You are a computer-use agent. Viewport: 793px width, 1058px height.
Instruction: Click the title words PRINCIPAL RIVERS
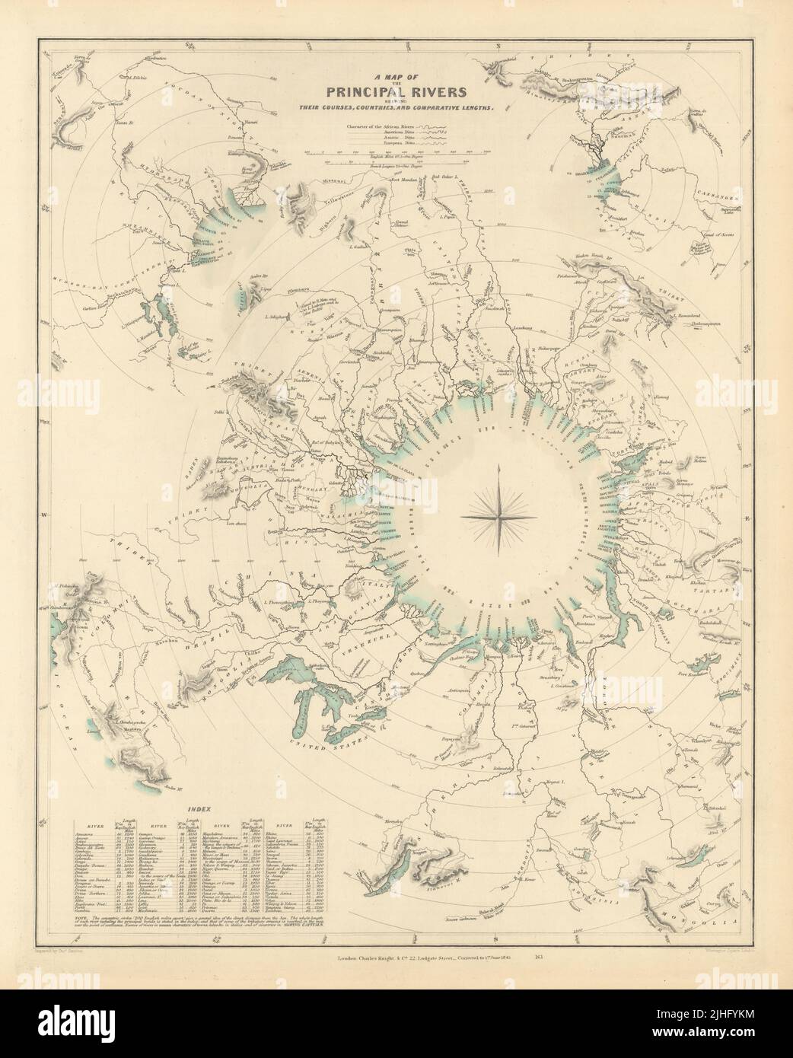pos(396,93)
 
